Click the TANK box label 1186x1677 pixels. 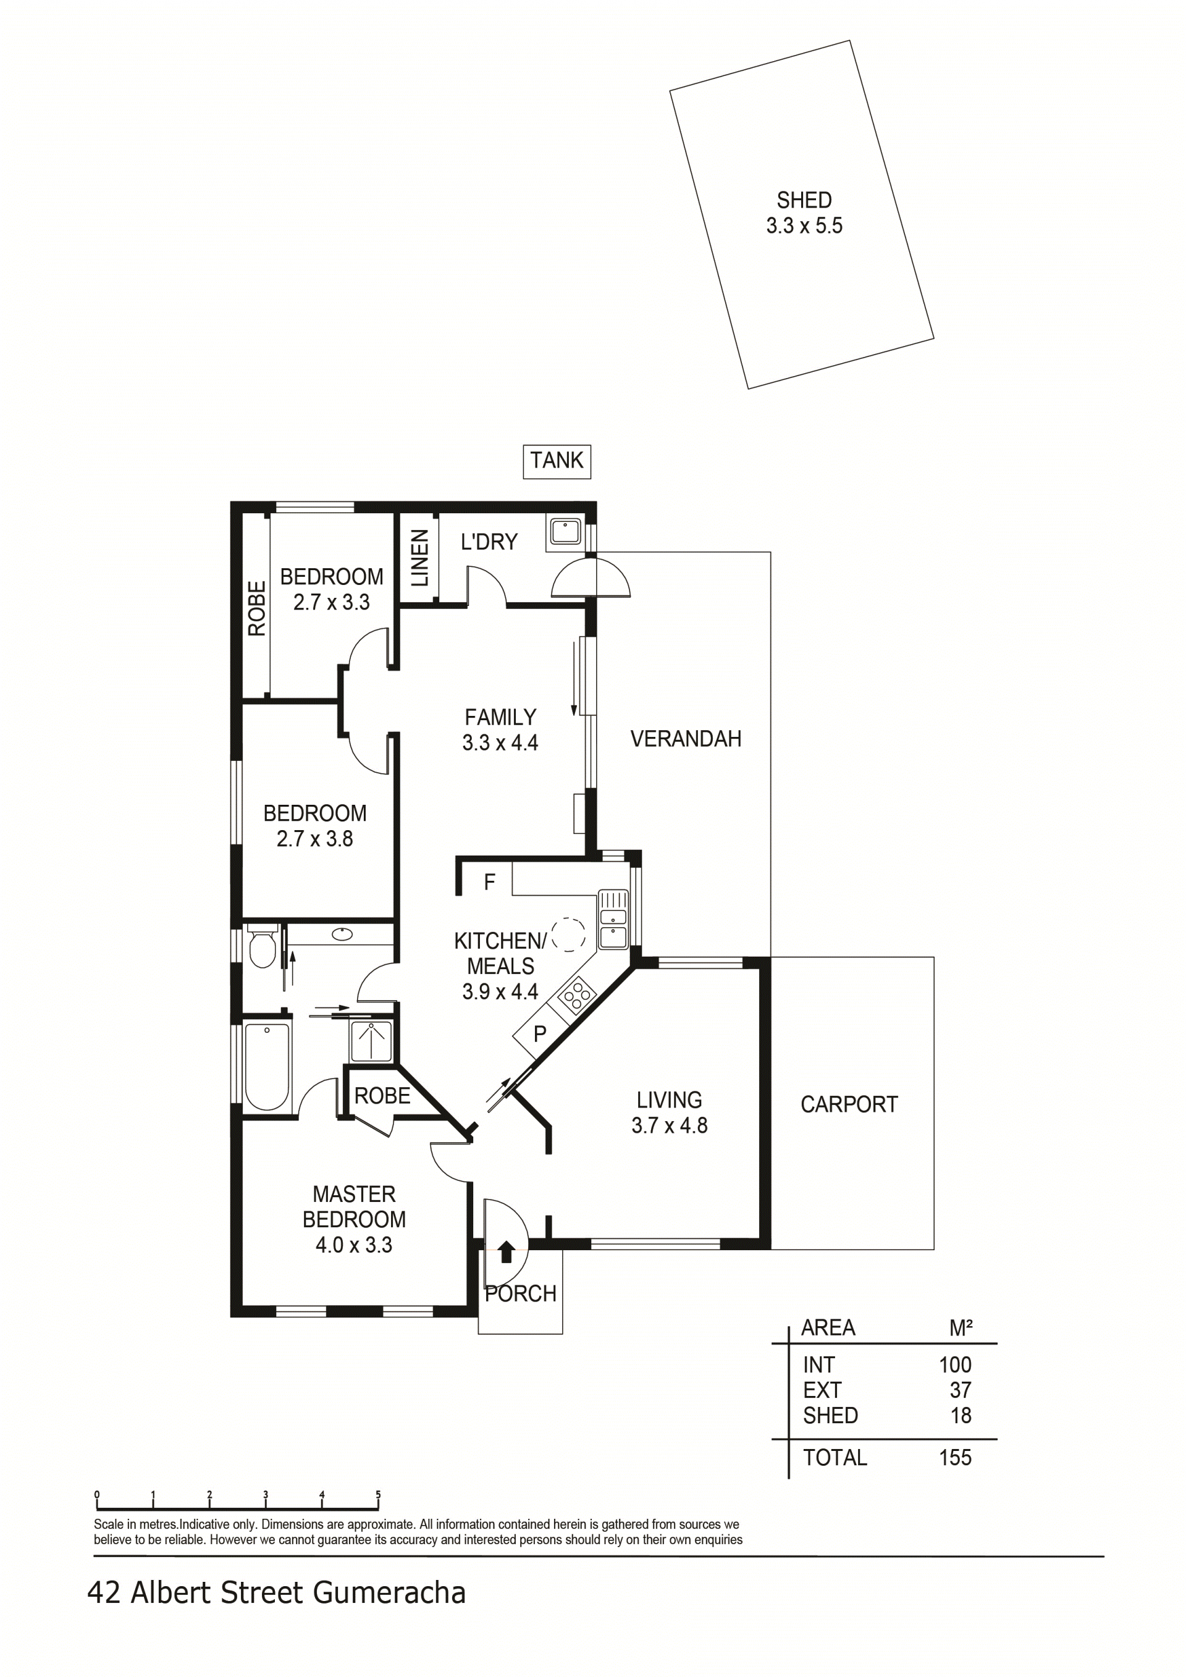557,461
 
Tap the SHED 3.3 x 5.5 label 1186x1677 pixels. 804,212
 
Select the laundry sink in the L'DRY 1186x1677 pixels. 565,531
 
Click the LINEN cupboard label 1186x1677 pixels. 419,558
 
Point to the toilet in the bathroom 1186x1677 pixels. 261,947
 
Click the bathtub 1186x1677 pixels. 267,1068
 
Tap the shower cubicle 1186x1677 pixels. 371,1041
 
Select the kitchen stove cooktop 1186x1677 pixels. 577,995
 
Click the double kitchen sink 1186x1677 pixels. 613,920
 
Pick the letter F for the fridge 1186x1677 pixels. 489,882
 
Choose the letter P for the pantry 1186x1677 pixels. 540,1034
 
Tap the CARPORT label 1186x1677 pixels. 849,1104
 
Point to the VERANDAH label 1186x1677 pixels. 685,739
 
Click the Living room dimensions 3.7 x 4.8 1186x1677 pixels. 669,1125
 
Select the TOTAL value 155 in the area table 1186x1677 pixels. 954,1458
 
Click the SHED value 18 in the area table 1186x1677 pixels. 961,1416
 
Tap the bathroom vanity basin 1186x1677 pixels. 342,933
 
